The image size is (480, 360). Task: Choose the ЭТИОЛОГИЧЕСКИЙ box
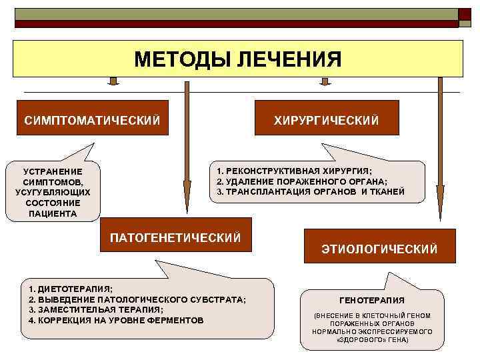pyautogui.click(x=379, y=249)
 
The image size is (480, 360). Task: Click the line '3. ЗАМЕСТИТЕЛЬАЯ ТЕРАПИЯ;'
pyautogui.click(x=96, y=310)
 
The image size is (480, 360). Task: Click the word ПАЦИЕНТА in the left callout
pyautogui.click(x=53, y=213)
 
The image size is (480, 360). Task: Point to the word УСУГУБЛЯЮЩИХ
pyautogui.click(x=53, y=192)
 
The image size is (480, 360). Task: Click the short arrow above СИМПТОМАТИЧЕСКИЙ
pyautogui.click(x=113, y=81)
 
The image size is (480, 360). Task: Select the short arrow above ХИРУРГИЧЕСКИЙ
pyautogui.click(x=325, y=81)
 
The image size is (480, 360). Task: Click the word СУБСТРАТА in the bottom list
pyautogui.click(x=221, y=299)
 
